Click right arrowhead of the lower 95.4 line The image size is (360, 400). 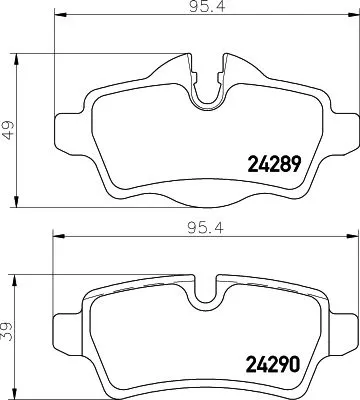pos(344,238)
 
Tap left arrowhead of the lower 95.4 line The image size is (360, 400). pos(56,238)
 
